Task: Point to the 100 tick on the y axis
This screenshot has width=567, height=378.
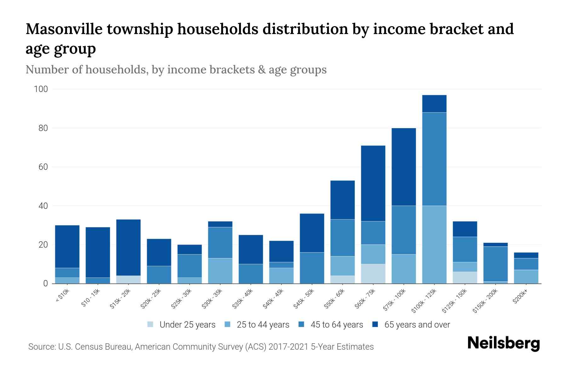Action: [x=41, y=89]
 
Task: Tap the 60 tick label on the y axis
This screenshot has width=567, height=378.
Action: [x=41, y=167]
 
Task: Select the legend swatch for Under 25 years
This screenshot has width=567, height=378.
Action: [x=151, y=324]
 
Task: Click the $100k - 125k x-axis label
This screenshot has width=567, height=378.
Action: [x=424, y=301]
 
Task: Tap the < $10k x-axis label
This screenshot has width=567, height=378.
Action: [x=63, y=296]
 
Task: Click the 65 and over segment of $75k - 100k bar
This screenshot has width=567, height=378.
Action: [x=404, y=167]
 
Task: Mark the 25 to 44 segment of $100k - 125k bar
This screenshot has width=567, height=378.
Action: [x=434, y=244]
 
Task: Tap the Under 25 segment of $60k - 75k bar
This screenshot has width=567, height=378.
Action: [x=373, y=274]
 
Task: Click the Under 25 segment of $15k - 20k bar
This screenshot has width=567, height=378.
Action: [x=128, y=280]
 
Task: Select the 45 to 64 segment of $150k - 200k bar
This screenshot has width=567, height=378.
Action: [x=495, y=264]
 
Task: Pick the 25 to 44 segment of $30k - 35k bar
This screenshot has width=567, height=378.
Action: [x=220, y=271]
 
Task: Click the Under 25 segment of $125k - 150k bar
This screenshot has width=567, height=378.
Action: [x=465, y=278]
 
